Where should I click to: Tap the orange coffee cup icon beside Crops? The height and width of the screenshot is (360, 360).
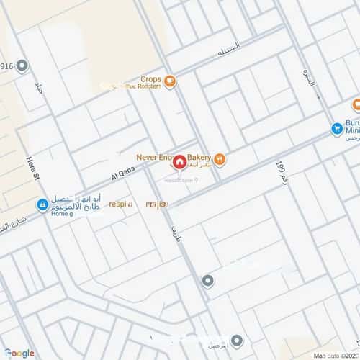click(x=170, y=81)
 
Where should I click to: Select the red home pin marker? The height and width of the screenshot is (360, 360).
click(x=179, y=162)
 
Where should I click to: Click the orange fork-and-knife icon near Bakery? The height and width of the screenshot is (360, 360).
click(x=220, y=159)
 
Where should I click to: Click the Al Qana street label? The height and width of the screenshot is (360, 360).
click(x=123, y=173)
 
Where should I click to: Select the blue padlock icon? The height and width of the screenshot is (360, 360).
click(x=42, y=204)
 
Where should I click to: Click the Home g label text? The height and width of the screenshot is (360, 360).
click(x=63, y=214)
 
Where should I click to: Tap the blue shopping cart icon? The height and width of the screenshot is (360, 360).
click(x=336, y=129)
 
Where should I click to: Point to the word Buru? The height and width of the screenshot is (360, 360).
click(x=352, y=123)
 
